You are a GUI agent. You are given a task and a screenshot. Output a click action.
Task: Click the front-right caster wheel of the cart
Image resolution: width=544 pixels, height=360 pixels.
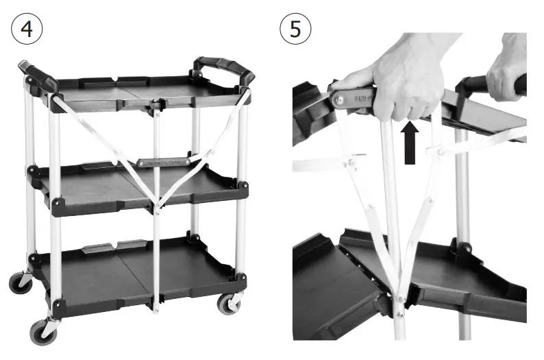tap(227, 304)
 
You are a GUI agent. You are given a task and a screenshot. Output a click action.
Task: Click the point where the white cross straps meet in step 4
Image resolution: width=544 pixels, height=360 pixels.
tap(156, 203)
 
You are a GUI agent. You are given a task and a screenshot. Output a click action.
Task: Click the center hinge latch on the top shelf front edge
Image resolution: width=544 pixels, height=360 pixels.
tap(156, 106)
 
